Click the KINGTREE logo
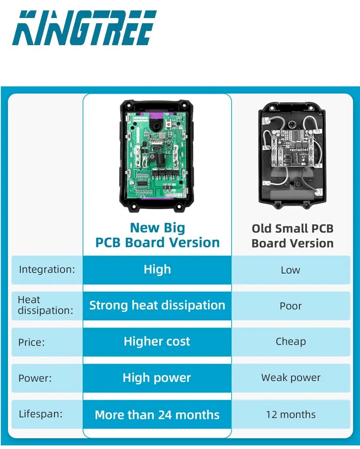point(84,28)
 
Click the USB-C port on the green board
point(157,150)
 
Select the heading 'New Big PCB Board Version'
point(157,235)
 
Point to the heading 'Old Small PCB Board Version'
point(292,235)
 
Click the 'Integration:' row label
point(47,269)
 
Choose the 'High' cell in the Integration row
point(157,269)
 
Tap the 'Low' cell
point(290,270)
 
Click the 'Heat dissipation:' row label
point(45,305)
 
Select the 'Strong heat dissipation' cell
point(157,305)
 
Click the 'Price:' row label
point(32,342)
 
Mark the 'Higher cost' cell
point(157,341)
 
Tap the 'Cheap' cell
point(291,341)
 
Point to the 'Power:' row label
point(35,378)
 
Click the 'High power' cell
point(157,378)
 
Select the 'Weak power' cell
point(291,378)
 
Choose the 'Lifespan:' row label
point(41,414)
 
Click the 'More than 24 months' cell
point(157,415)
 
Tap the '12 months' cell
point(291,414)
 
